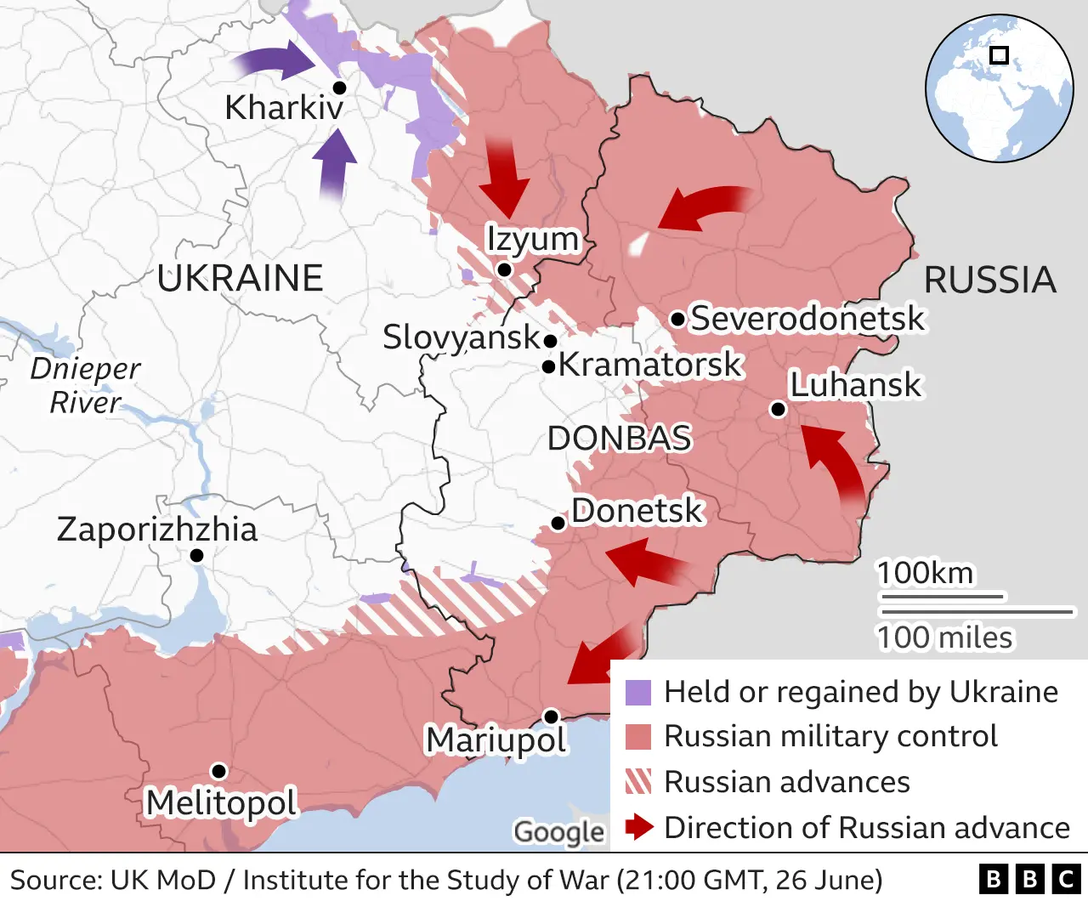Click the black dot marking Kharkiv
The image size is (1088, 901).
point(339,88)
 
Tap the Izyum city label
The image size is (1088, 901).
point(532,239)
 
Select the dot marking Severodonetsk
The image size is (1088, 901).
point(677,320)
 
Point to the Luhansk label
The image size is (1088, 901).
point(855,385)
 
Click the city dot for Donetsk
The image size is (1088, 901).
point(558,523)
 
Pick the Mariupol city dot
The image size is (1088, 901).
point(551,717)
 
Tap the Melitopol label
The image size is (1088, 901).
point(221,802)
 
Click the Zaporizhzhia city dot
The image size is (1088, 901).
point(196,555)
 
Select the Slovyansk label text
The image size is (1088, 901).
point(461,337)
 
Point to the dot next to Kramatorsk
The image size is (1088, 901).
point(549,366)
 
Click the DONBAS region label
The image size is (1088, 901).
point(619,439)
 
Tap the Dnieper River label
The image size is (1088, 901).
point(85,385)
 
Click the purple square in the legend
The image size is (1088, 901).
point(637,693)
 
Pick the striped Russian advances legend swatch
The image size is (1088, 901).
point(637,781)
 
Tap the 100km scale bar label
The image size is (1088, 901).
point(926,573)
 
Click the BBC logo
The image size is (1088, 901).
point(1029,879)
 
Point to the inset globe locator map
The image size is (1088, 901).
point(999,88)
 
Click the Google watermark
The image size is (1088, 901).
point(559,832)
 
